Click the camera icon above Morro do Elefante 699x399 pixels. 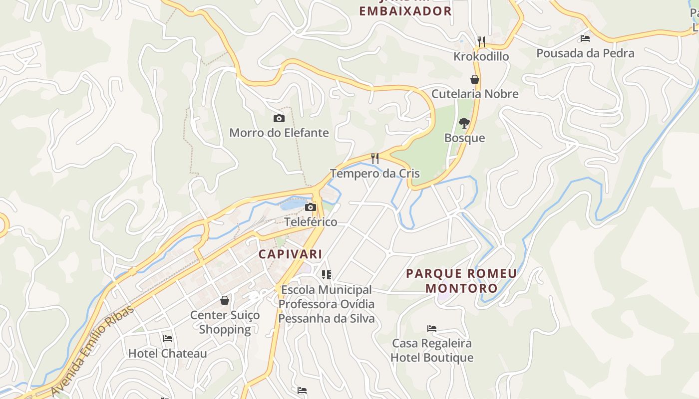pyautogui.click(x=279, y=118)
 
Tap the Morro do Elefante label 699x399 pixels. pyautogui.click(x=279, y=133)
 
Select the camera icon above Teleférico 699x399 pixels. pyautogui.click(x=311, y=207)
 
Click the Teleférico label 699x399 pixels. pyautogui.click(x=311, y=222)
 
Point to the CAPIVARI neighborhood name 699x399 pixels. pyautogui.click(x=290, y=254)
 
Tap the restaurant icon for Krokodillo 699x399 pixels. pyautogui.click(x=481, y=41)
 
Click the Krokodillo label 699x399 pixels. pyautogui.click(x=481, y=56)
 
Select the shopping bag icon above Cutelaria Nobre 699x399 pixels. pyautogui.click(x=474, y=79)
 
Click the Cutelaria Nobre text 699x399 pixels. pyautogui.click(x=474, y=94)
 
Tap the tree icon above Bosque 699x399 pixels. pyautogui.click(x=464, y=123)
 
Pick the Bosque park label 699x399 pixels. pyautogui.click(x=464, y=138)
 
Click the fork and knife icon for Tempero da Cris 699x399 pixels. pyautogui.click(x=375, y=159)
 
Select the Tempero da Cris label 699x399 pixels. pyautogui.click(x=375, y=174)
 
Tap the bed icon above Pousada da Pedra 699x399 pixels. pyautogui.click(x=585, y=38)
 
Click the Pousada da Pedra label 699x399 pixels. pyautogui.click(x=585, y=53)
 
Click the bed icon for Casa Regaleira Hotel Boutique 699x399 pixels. pyautogui.click(x=432, y=328)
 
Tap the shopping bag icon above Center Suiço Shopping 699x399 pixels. pyautogui.click(x=225, y=300)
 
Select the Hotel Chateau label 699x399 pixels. pyautogui.click(x=167, y=353)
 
